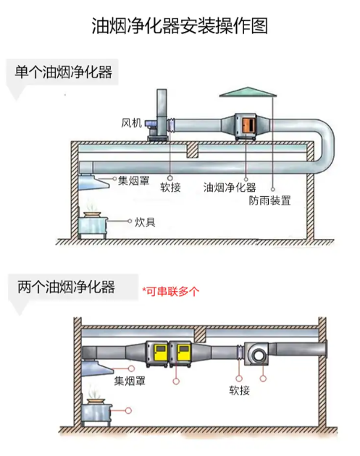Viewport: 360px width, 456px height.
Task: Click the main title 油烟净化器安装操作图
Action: coord(180,27)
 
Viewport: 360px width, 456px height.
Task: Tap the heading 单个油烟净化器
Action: coord(63,73)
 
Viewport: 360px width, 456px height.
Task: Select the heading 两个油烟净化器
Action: coord(66,287)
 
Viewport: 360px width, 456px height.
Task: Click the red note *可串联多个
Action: coord(170,292)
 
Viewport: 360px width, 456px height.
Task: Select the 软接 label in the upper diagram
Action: coord(170,187)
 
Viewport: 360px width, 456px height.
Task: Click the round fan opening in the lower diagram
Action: coord(256,355)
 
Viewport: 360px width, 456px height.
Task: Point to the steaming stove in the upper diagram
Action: coord(93,223)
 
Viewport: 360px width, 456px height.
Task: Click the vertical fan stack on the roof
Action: coord(161,112)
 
